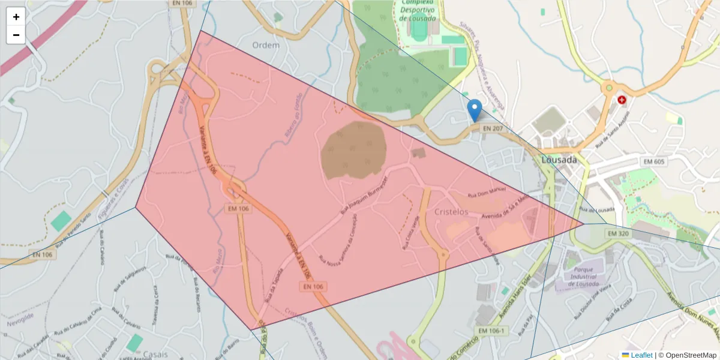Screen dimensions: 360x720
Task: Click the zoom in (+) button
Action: (x=16, y=17)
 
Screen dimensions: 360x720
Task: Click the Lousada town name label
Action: (x=559, y=160)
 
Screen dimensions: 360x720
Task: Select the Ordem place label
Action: (x=266, y=46)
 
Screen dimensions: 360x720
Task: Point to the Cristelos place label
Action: (x=451, y=212)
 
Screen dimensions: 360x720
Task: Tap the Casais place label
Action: (x=156, y=354)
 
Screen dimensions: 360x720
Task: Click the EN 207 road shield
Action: (x=492, y=128)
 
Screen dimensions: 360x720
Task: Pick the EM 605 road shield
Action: (x=655, y=161)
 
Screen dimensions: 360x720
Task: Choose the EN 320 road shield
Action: (x=618, y=233)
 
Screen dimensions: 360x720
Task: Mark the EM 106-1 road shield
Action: (x=491, y=331)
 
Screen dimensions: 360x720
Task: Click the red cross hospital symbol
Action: (x=622, y=100)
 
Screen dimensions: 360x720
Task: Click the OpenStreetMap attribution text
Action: (x=689, y=355)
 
